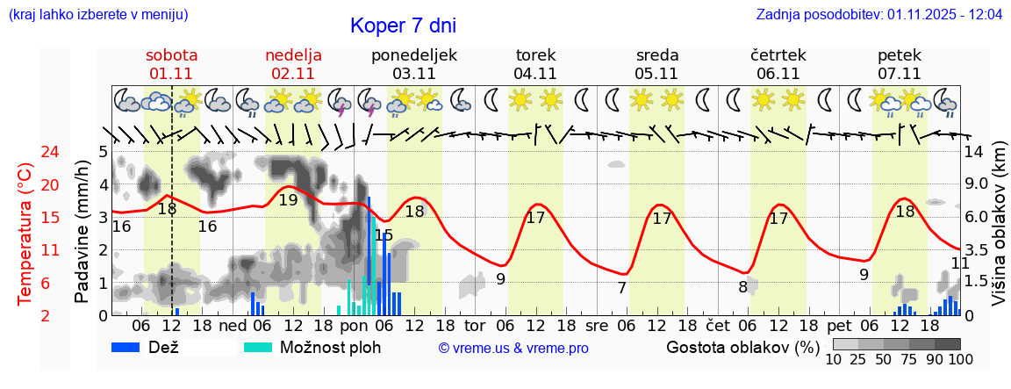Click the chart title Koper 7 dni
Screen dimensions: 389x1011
pos(403,25)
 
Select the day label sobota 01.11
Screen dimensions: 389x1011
pos(171,64)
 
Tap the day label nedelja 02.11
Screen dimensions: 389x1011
pos(293,64)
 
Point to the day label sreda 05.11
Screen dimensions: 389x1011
pos(657,64)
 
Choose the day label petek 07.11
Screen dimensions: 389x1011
pos(900,64)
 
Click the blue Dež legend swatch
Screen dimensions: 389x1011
pos(132,347)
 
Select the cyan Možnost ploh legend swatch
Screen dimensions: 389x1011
pos(258,347)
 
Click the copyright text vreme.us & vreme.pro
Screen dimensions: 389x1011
pos(513,348)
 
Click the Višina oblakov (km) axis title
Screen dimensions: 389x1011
pos(999,233)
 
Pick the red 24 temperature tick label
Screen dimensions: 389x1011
pos(26,152)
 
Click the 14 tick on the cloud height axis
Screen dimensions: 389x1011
pos(974,152)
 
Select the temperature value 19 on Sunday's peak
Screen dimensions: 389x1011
pos(288,200)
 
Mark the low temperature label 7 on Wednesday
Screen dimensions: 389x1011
pos(621,287)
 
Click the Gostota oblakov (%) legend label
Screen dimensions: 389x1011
pos(742,347)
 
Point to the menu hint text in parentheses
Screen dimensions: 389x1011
pos(97,15)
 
